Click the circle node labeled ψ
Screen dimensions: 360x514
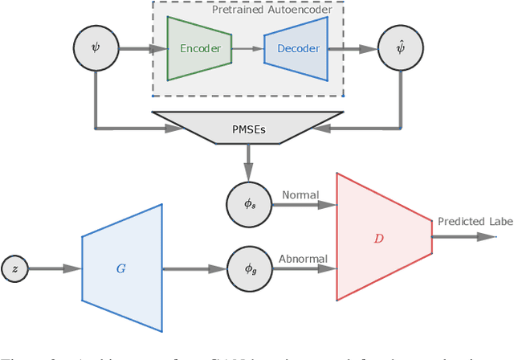coord(95,48)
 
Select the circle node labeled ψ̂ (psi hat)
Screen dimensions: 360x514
coord(400,48)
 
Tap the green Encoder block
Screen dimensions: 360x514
coord(199,48)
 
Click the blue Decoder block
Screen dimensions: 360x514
coord(298,49)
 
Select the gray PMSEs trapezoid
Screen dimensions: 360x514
coord(247,127)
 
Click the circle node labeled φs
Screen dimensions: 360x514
coord(250,204)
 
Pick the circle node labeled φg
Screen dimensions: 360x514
coord(250,268)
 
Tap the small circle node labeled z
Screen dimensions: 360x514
coord(14,268)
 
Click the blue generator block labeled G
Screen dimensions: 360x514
coord(121,268)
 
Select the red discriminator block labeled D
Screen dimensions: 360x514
coord(380,237)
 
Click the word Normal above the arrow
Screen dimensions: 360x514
coord(300,195)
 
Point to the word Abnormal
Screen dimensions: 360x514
coord(302,259)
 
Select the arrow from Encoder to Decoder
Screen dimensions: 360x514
coord(247,49)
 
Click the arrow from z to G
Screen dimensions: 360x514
coord(55,268)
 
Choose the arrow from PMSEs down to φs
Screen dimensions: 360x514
coord(249,164)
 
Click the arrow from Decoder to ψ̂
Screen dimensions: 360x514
coord(354,49)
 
